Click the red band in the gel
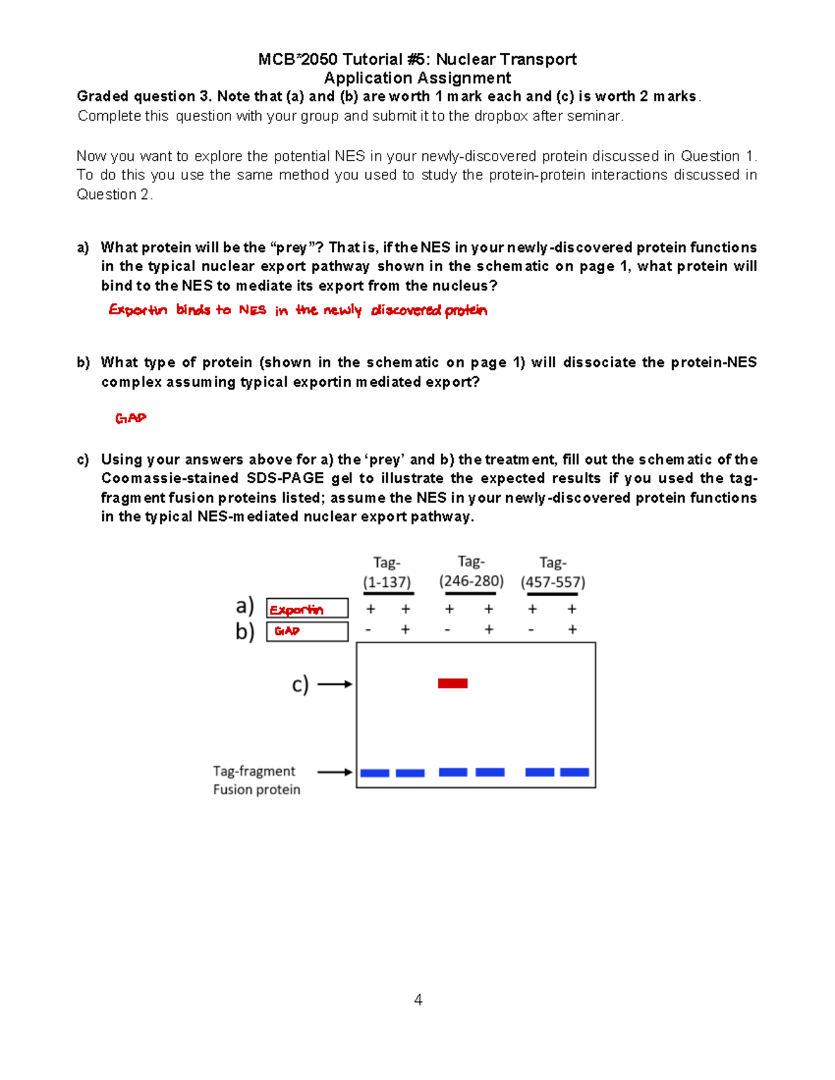452,684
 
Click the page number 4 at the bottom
417,1000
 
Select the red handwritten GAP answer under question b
131,418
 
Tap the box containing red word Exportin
307,609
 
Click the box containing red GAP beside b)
307,631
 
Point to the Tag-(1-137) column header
387,572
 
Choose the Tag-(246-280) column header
471,572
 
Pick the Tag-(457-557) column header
552,572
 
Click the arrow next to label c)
335,684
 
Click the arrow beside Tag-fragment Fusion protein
335,772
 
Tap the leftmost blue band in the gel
374,773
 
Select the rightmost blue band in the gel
575,772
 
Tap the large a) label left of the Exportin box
245,606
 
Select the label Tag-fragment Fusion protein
256,780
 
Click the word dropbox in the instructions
501,116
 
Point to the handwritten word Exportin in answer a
138,310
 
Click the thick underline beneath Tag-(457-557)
552,594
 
